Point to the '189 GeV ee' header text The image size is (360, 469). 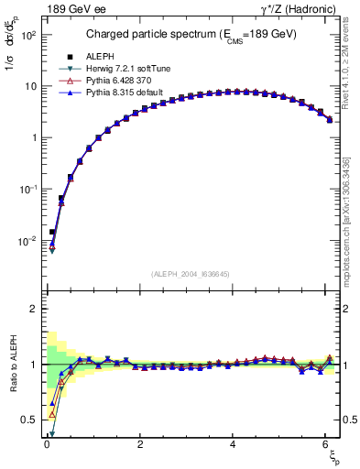click(74, 9)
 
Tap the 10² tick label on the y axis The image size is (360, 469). click(27, 35)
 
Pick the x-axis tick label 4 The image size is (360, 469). click(234, 444)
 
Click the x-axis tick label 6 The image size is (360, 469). click(327, 444)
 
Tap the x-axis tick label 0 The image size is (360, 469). click(47, 444)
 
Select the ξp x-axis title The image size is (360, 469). click(333, 456)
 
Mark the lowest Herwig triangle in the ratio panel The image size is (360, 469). click(52, 434)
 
